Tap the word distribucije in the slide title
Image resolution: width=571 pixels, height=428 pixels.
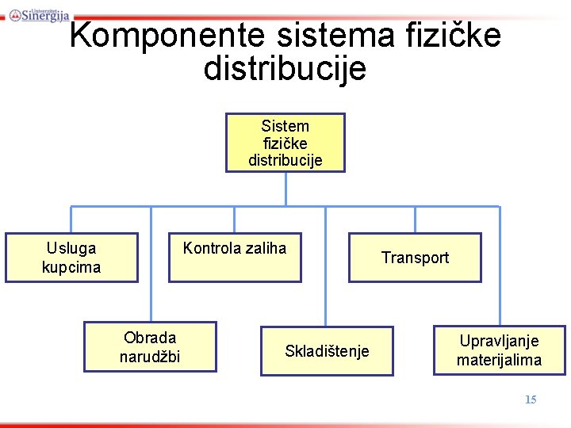coord(285,68)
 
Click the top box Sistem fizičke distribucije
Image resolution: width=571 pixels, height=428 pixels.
coord(285,143)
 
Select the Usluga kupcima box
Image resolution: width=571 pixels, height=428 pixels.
coord(71,258)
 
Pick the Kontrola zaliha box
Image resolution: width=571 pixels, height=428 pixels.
coord(235,258)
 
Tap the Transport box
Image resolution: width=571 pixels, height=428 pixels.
coord(415,258)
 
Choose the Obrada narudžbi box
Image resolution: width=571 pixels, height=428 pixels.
coord(150,347)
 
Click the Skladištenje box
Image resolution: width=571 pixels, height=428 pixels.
coord(327,351)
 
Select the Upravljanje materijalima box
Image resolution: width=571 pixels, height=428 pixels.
coord(499,350)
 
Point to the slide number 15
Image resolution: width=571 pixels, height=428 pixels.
coord(531,399)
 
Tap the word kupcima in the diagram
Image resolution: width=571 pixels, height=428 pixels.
coord(71,267)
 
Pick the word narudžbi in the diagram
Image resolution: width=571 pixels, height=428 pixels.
coord(150,357)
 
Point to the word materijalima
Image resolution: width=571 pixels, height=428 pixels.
coord(499,360)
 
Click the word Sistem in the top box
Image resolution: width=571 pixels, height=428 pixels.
coord(285,126)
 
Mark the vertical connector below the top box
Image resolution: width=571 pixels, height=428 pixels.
coord(285,189)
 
